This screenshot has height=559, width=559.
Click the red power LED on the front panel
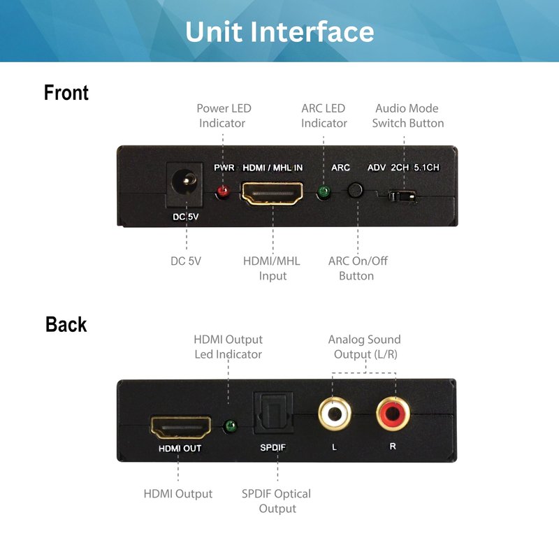[x=223, y=192]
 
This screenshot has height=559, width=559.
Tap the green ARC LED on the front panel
[x=324, y=191]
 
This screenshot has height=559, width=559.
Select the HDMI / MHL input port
[x=273, y=193]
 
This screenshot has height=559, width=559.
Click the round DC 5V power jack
[x=184, y=182]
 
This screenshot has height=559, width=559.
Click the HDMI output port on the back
[x=181, y=427]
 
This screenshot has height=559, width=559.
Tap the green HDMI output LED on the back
[x=230, y=426]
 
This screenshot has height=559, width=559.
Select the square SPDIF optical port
[x=273, y=414]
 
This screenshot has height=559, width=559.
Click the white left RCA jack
[x=335, y=414]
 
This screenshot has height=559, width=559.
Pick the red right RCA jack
[x=393, y=414]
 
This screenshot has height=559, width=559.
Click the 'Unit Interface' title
[x=279, y=31]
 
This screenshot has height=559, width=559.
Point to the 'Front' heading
[x=66, y=93]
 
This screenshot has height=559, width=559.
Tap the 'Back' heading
[x=66, y=324]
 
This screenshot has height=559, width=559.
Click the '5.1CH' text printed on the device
[x=426, y=168]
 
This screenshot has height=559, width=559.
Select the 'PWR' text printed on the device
[x=224, y=168]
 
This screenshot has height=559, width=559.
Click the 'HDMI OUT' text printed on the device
[x=180, y=448]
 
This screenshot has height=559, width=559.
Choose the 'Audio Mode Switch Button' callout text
[x=408, y=115]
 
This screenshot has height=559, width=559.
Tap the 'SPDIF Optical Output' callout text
[x=276, y=501]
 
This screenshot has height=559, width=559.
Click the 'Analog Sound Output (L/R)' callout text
[x=364, y=347]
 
